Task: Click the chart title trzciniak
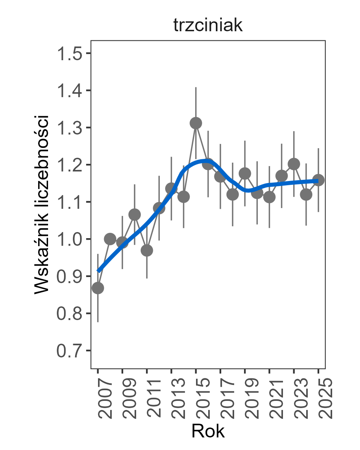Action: tap(208, 26)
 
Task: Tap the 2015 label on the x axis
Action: tap(198, 399)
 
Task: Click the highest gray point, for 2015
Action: tap(196, 123)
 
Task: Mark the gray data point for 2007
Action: tap(98, 288)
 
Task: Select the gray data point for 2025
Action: tap(318, 180)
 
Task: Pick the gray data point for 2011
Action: tap(147, 250)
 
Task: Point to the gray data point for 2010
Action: tap(135, 215)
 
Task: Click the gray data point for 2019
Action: tap(245, 173)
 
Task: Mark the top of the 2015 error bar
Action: tap(196, 87)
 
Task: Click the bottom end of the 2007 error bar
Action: tap(98, 322)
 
